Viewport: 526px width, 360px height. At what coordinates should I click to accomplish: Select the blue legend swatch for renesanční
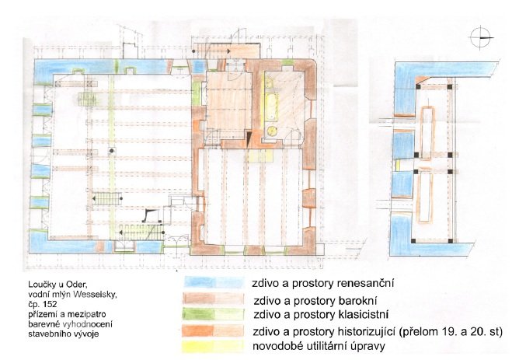[x=214, y=282]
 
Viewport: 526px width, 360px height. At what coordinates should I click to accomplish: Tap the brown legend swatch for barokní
[x=213, y=299]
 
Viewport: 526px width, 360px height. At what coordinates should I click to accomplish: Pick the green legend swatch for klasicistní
[x=213, y=314]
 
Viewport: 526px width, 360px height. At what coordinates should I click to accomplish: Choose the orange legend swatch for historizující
[x=213, y=330]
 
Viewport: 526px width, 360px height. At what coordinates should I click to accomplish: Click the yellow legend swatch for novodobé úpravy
[x=213, y=346]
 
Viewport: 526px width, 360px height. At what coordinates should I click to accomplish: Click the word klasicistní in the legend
[x=362, y=315]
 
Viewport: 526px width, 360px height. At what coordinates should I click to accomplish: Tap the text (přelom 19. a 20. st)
[x=451, y=331]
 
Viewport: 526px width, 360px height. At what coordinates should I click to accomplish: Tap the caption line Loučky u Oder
[x=57, y=285]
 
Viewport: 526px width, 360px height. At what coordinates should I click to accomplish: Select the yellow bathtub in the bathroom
[x=270, y=107]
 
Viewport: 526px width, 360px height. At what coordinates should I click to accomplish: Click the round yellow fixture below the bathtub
[x=271, y=131]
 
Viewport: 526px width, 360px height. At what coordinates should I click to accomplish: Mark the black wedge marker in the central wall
[x=249, y=139]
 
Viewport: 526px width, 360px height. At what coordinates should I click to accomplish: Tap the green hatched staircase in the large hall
[x=88, y=99]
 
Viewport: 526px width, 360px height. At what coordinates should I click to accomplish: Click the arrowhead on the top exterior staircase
[x=228, y=51]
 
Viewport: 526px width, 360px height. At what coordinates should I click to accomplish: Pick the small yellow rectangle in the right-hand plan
[x=398, y=165]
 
